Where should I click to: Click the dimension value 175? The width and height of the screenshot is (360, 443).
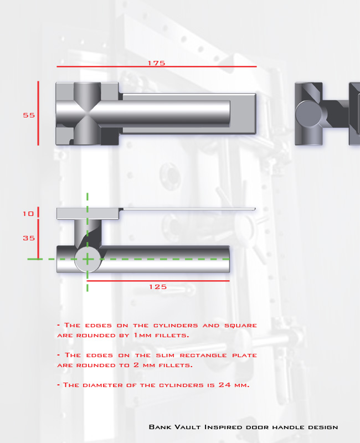coord(157,63)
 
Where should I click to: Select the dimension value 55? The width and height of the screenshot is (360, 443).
coord(29,115)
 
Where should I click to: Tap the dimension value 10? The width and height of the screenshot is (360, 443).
coord(28,214)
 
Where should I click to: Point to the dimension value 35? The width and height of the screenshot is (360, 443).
coord(29,238)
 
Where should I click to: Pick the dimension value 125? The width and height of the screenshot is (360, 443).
coord(158,287)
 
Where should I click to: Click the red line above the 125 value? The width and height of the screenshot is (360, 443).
coord(158,281)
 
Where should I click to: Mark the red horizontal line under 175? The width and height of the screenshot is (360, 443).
coord(157,66)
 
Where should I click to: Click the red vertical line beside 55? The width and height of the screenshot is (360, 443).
coord(38,114)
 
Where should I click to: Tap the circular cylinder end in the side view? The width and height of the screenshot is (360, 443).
coord(88,259)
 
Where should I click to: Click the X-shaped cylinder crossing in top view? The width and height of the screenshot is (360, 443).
coord(88,114)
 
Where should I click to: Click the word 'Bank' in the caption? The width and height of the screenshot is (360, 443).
coord(160,426)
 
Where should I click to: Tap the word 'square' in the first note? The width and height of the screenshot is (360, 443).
coord(240,326)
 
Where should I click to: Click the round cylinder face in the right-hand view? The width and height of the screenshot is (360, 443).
coord(308,114)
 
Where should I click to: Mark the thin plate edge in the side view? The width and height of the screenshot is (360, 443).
coord(187,209)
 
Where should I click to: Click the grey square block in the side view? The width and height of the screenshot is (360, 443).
coord(88,214)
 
